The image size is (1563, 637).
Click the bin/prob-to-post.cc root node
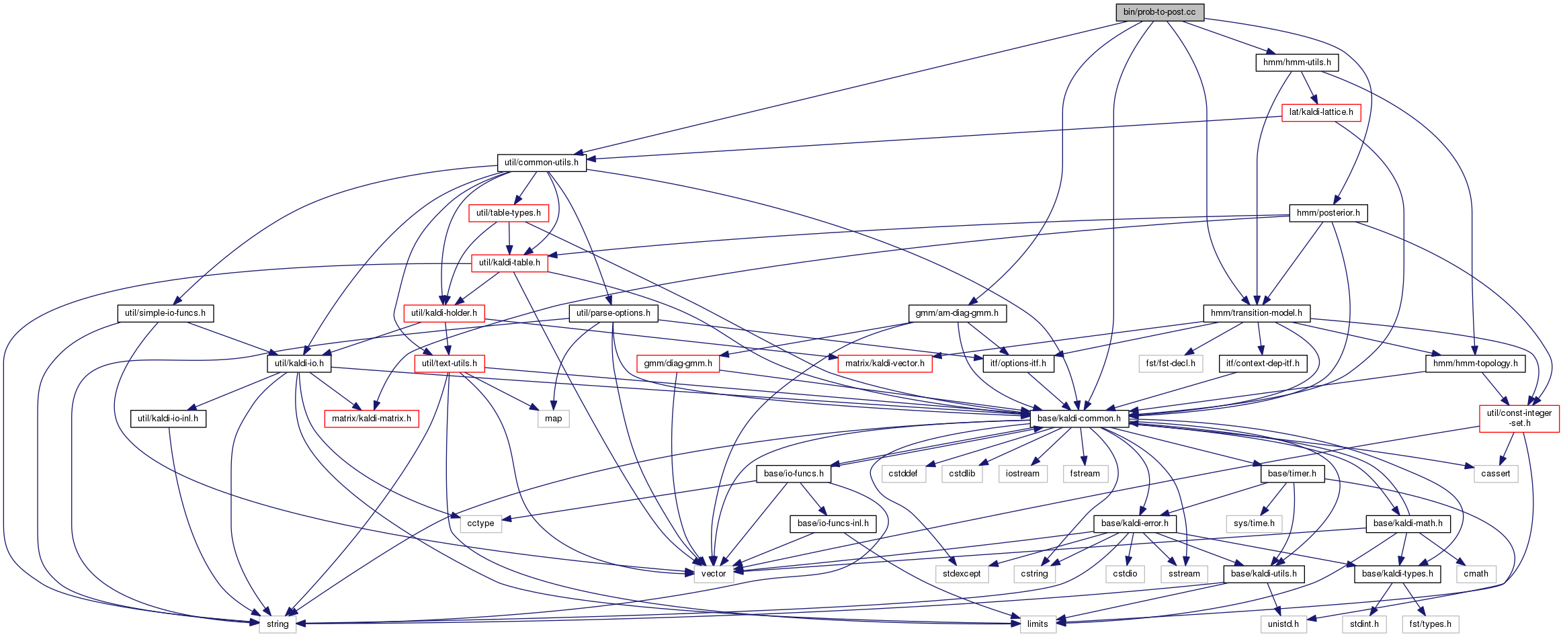[x=1159, y=12]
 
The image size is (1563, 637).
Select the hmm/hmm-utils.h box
[x=1297, y=62]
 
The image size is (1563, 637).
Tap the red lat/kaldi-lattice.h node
[x=1321, y=112]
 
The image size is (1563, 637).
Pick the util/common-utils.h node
[x=542, y=163]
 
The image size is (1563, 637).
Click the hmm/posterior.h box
[x=1328, y=213]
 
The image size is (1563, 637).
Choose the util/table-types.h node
[x=509, y=213]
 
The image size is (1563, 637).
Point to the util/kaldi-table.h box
[x=509, y=263]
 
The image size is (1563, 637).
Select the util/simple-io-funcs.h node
[x=165, y=313]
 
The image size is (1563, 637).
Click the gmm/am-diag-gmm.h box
[x=957, y=313]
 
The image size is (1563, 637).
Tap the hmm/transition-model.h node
[x=1257, y=313]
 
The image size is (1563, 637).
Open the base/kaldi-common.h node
[x=1079, y=419]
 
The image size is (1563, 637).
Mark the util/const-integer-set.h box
[x=1519, y=418]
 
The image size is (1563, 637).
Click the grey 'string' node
[x=278, y=624]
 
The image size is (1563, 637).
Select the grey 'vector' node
[x=714, y=574]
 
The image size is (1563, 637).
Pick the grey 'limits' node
[x=1038, y=624]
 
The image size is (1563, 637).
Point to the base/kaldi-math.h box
[x=1408, y=523]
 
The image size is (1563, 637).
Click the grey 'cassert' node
[x=1496, y=474]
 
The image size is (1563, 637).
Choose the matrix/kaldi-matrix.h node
[x=372, y=419]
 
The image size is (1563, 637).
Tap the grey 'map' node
[x=554, y=419]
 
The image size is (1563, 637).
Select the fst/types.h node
[x=1431, y=624]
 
